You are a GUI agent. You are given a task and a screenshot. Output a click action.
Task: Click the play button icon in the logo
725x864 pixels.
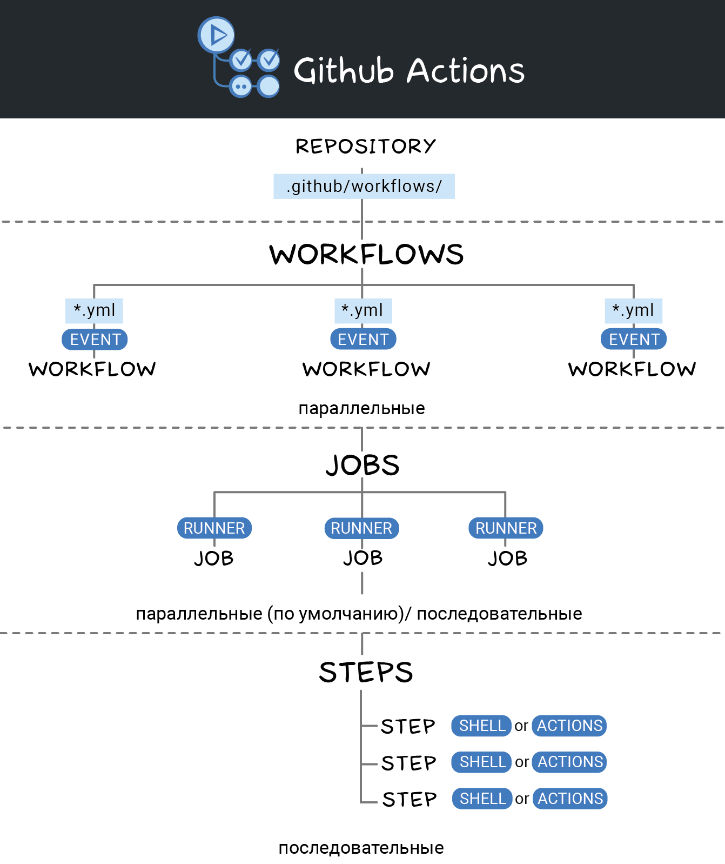[x=217, y=35]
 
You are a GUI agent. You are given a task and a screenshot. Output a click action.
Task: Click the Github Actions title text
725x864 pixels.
[x=409, y=71]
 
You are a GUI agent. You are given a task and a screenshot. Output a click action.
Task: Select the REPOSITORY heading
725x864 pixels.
[x=365, y=146]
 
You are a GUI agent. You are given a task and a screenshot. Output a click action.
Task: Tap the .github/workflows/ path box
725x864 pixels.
[x=364, y=187]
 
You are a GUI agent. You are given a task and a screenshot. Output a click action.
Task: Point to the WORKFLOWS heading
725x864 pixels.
[x=366, y=254]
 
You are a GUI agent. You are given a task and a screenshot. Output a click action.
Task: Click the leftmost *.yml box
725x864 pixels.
[x=95, y=310]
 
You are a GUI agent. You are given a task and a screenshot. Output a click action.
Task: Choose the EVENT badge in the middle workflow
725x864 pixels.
[x=363, y=340]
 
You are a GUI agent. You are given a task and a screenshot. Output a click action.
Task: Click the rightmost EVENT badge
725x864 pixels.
[x=634, y=340]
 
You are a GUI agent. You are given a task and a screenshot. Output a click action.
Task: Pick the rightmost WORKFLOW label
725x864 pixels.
[x=632, y=369]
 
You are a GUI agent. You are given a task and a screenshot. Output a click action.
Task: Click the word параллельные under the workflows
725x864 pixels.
[x=361, y=408]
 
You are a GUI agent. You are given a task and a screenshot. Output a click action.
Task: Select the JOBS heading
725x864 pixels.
[x=362, y=465]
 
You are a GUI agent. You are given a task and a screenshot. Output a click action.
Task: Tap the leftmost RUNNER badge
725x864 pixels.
[x=214, y=528]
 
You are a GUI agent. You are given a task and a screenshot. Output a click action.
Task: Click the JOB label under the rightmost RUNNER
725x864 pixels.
[x=507, y=559]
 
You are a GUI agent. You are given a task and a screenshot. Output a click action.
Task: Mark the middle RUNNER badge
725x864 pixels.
[x=361, y=528]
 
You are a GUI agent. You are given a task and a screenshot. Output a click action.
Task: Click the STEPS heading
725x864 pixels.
[x=366, y=672]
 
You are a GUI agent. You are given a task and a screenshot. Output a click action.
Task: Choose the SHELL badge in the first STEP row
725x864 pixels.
[x=482, y=726]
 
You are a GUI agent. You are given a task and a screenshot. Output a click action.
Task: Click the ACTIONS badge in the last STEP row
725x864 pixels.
[x=570, y=799]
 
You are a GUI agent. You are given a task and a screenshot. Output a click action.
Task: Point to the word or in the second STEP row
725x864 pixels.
[x=522, y=762]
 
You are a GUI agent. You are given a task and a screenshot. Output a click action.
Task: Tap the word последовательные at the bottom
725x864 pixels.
[x=361, y=848]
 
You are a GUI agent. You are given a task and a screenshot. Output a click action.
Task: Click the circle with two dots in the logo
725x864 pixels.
[x=241, y=86]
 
